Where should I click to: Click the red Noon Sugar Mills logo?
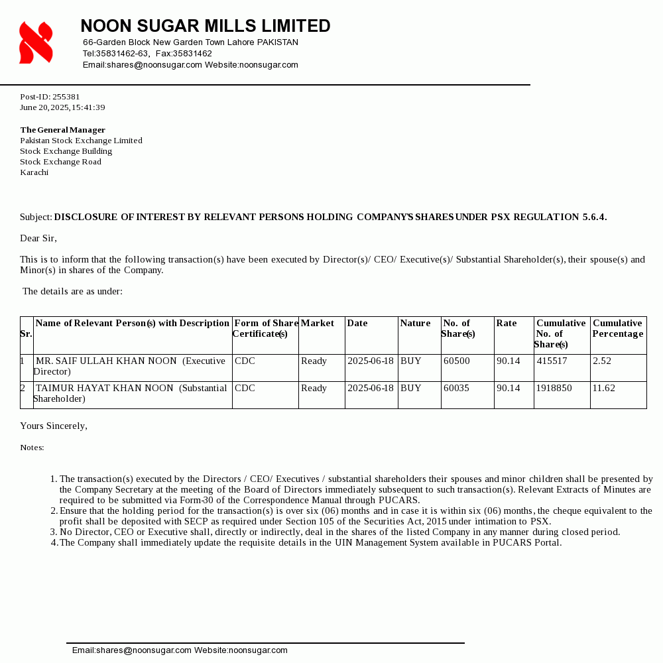pos(36,42)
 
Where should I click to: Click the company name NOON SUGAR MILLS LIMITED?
pos(206,26)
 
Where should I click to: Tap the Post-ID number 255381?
pos(66,97)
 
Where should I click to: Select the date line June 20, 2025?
pos(62,107)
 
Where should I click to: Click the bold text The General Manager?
pos(63,130)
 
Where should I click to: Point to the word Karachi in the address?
pos(34,172)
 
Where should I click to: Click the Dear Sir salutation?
pos(38,238)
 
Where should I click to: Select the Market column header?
pos(318,323)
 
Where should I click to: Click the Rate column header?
pos(507,323)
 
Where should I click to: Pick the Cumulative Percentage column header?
pos(617,328)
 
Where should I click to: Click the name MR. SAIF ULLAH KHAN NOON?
pos(107,361)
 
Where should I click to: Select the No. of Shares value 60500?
pos(457,361)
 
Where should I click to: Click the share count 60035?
pos(456,388)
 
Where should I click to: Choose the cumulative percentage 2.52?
pos(602,361)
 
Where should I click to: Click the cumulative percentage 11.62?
pos(604,388)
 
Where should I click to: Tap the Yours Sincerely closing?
pos(54,426)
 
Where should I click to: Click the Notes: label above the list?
pos(32,448)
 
